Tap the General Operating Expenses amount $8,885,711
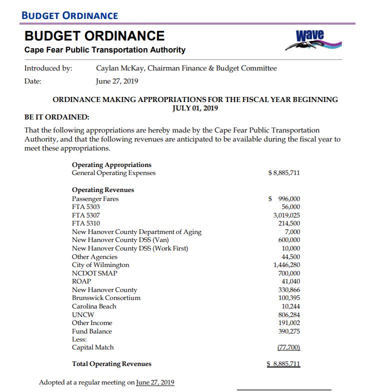pyautogui.click(x=284, y=173)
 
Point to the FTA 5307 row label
pyautogui.click(x=86, y=215)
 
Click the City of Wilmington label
pyautogui.click(x=100, y=264)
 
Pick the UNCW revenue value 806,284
pyautogui.click(x=289, y=314)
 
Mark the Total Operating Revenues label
pyautogui.click(x=111, y=363)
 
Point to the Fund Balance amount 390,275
pyautogui.click(x=289, y=331)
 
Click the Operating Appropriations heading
pyautogui.click(x=111, y=164)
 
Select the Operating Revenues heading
pyautogui.click(x=103, y=190)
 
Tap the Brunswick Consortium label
pyautogui.click(x=106, y=297)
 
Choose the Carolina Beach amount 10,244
pyautogui.click(x=291, y=306)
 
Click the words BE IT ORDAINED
pyautogui.click(x=56, y=117)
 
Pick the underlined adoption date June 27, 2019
pyautogui.click(x=155, y=382)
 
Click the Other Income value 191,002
pyautogui.click(x=289, y=322)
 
